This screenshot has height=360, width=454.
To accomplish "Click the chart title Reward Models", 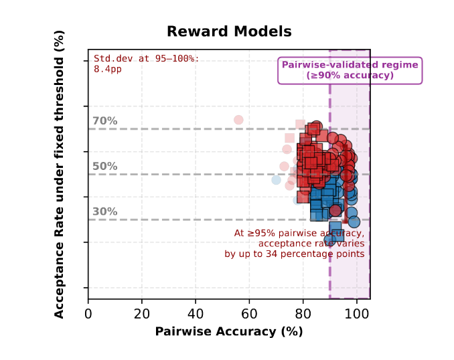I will coord(229,31).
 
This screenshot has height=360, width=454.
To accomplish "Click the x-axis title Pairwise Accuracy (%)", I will coord(228,331).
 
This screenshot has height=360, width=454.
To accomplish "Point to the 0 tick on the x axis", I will coord(88,313).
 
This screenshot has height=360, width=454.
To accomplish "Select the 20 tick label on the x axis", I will coord(142,313).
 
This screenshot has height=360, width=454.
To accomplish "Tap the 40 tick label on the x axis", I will coord(196,313).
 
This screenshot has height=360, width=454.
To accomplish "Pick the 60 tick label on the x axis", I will coord(249,313).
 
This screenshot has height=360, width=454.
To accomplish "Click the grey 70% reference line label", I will coord(104,121).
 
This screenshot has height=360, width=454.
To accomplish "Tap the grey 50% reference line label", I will coord(104,167).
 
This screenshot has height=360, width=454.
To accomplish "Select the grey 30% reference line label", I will coord(104,211).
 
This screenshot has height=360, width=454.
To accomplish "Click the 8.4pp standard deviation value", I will coord(107,68).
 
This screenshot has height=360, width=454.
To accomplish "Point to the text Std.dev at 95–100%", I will coord(146,58).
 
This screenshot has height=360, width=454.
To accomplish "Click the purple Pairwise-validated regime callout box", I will coord(350,70).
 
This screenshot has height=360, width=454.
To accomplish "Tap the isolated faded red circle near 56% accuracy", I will coord(238,120).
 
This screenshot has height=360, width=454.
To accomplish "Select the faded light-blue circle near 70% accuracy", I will coord(276,180).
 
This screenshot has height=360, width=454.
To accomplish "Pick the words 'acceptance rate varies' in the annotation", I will coord(311,244).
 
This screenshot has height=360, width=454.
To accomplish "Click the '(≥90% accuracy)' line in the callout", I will coord(350,76).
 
